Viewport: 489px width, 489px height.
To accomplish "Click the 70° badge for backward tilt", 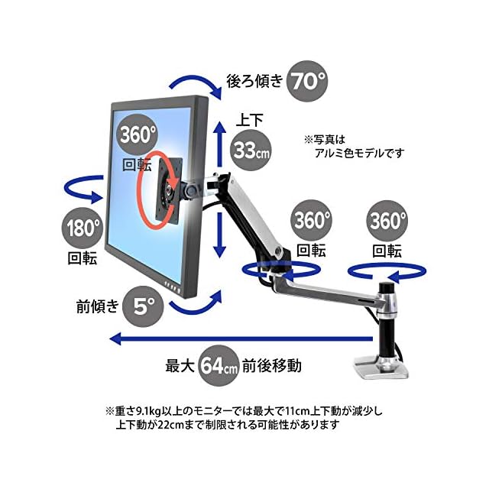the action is coord(307,81).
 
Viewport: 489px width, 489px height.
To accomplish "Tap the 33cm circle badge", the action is coord(251,150).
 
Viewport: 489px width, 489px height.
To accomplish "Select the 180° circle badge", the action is coord(83,228).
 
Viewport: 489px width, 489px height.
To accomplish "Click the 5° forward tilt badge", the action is coord(143,306).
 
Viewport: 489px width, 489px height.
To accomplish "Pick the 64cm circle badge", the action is coord(219,365).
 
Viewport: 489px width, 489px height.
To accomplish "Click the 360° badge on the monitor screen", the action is coord(137,134).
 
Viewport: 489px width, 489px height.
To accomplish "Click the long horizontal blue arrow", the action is coord(241,338).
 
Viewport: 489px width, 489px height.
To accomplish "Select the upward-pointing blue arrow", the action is coord(220,144).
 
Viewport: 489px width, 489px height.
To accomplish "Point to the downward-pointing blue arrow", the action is coord(220,235).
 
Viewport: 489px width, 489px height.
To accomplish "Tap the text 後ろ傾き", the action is coord(254,81).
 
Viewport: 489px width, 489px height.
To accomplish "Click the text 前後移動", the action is coord(272,365).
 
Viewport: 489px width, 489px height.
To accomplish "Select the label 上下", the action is coord(250,120).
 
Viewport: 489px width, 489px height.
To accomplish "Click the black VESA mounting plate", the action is coord(170,190).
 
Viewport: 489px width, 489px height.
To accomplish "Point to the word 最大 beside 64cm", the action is coord(180,365).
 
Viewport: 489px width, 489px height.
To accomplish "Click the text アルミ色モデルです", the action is coord(360,153).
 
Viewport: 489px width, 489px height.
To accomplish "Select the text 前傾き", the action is coord(98,306).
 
